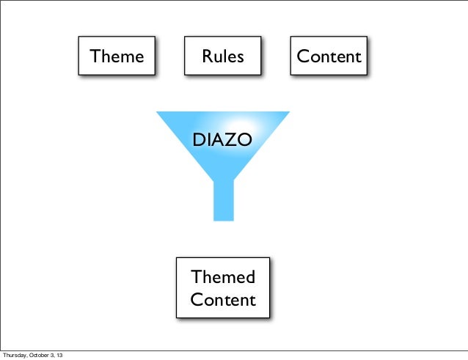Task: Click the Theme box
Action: tap(117, 56)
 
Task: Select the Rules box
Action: tap(223, 56)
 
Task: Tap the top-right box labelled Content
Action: tap(329, 56)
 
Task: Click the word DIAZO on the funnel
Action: tap(222, 139)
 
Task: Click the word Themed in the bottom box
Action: tap(223, 277)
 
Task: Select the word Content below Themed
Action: tap(223, 300)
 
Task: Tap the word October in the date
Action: tap(42, 355)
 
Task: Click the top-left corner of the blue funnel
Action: tap(157, 112)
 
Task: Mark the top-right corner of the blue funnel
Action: tap(289, 112)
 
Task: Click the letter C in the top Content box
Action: tap(302, 56)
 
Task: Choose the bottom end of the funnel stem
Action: tap(223, 218)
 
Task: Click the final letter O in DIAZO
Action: tap(245, 139)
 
